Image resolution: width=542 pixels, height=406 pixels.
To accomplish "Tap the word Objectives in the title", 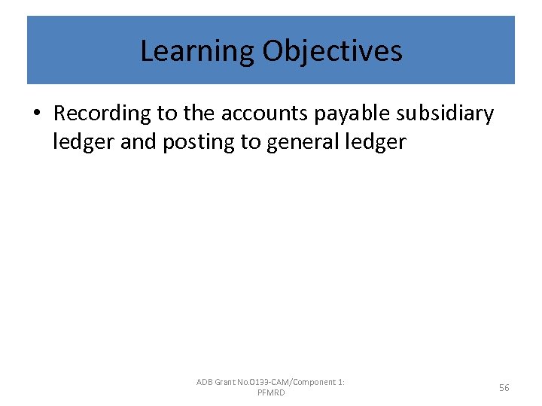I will (332, 51).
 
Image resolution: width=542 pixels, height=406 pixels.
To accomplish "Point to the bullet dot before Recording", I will (37, 114).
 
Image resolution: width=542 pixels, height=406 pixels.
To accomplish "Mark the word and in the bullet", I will (139, 141).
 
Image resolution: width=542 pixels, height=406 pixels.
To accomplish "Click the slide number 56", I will (504, 388).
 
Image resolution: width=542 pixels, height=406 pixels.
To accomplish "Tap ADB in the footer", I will (205, 383).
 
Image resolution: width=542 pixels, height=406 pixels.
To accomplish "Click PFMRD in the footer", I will (271, 393).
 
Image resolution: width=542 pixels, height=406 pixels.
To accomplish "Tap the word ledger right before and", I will (84, 141).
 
